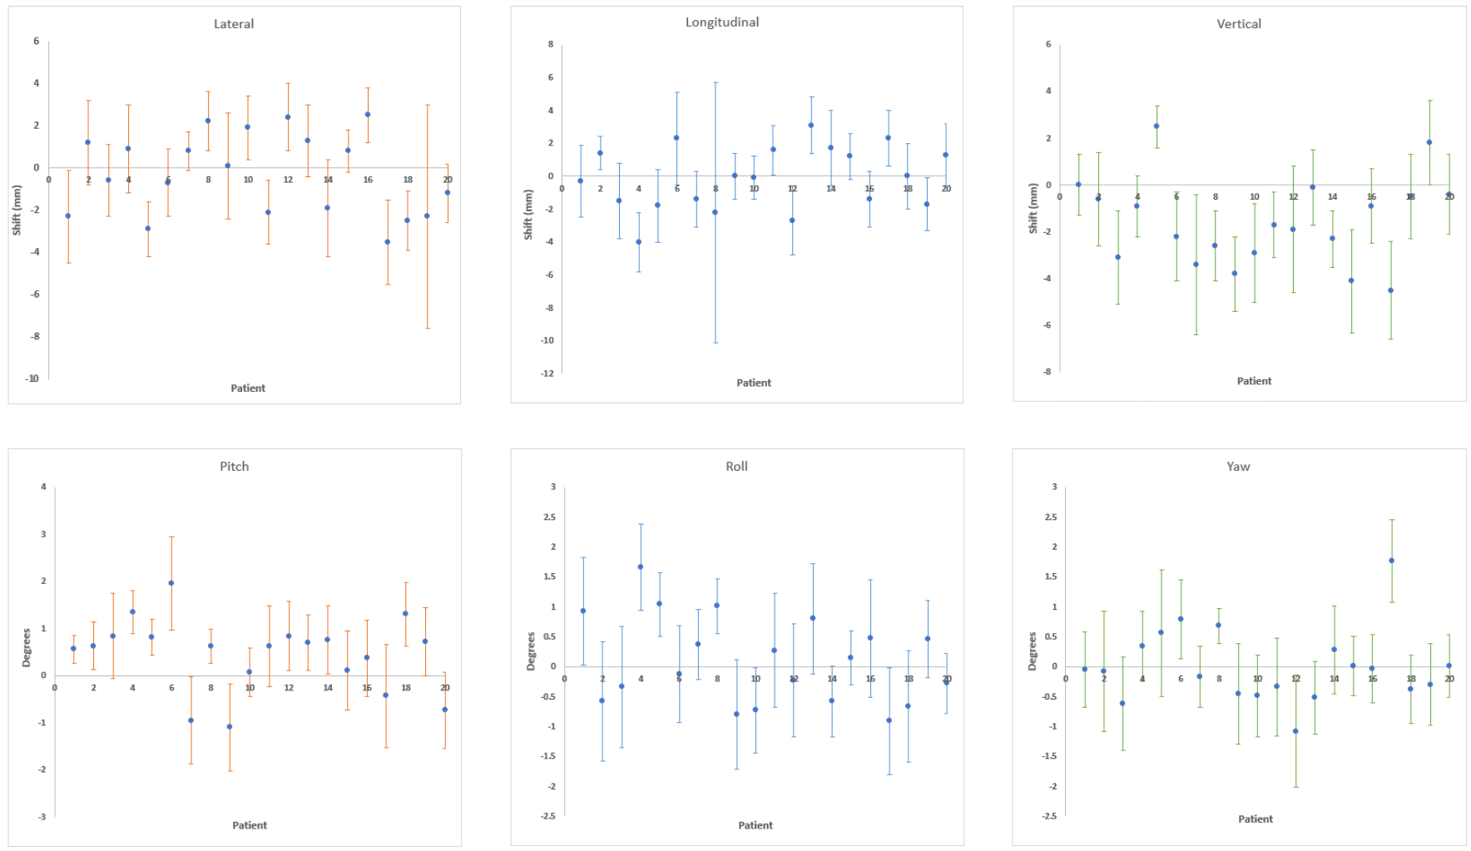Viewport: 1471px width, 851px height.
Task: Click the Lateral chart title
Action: pos(234,24)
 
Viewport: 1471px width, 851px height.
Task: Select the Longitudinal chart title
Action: pos(721,22)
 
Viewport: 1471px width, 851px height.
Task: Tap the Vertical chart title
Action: pos(1238,24)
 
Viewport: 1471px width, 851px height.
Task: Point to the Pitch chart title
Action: pos(234,467)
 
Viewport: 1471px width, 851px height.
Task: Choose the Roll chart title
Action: pos(736,467)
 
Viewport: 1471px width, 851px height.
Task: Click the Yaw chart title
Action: pos(1238,467)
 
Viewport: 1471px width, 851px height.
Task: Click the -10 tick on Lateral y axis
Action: pos(32,378)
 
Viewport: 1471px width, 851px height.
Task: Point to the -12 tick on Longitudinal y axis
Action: pos(547,374)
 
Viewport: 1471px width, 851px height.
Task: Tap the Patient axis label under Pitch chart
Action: pos(250,825)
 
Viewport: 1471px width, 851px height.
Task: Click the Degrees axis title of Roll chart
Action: pos(531,651)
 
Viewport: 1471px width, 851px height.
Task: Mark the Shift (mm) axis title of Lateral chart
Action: pos(17,210)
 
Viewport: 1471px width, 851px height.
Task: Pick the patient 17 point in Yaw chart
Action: pos(1391,561)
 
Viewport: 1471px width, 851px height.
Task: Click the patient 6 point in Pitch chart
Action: pos(171,583)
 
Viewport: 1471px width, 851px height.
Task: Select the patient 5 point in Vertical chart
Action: pos(1156,126)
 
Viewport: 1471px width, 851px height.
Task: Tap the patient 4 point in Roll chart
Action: pos(641,567)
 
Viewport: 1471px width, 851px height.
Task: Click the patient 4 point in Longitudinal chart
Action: pos(639,242)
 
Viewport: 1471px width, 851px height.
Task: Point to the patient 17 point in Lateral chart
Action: pos(388,242)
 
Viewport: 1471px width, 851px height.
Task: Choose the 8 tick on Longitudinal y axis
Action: pos(550,44)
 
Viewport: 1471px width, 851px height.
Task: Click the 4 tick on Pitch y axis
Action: pos(43,487)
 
